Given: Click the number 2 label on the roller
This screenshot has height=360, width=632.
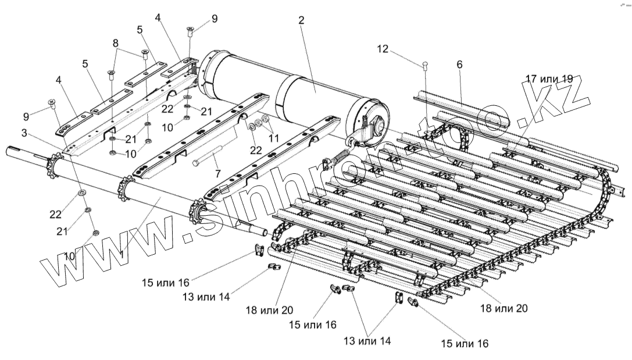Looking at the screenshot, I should coord(301,21).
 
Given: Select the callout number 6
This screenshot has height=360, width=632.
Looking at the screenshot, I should coord(459,65).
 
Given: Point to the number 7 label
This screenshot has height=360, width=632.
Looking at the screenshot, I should coord(218,174).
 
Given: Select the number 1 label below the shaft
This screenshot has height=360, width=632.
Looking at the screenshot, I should coord(122,254).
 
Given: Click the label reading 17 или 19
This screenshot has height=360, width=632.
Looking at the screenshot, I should coord(549,78).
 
